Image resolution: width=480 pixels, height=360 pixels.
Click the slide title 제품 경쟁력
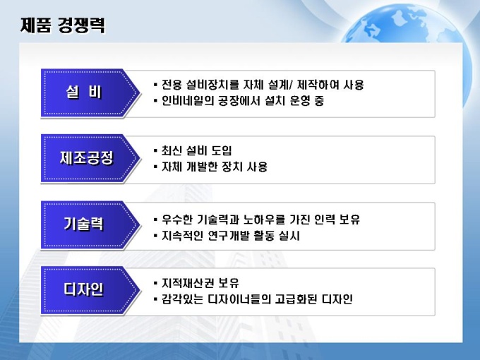point(63,25)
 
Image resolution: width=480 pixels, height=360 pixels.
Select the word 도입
point(222,150)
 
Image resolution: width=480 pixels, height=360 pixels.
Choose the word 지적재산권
point(187,283)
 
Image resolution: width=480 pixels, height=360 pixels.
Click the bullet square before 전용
point(155,84)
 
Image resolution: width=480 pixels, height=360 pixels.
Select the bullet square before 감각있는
point(155,299)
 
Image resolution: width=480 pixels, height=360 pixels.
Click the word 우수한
point(176,220)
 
